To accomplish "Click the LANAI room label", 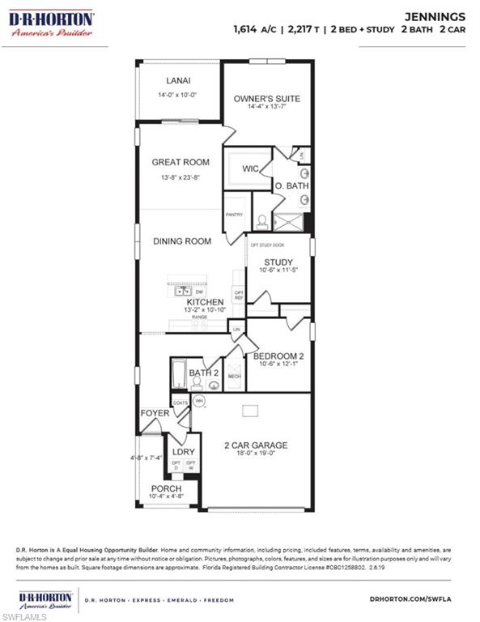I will click(x=178, y=81).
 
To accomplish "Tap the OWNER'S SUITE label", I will click(x=266, y=99).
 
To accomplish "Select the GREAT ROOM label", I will click(x=181, y=162).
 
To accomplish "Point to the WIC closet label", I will click(x=249, y=170).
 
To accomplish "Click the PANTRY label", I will click(x=234, y=215).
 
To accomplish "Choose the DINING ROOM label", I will click(x=182, y=241).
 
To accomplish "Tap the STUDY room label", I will click(x=279, y=262).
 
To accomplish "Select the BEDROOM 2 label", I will click(x=278, y=356).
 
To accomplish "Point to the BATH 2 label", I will click(x=201, y=373).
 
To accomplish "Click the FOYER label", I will click(x=155, y=413).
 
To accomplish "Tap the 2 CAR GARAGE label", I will click(x=256, y=445).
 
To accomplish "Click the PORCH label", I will click(x=167, y=489).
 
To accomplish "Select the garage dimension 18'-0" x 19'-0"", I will click(x=256, y=455).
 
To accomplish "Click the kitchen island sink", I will click(x=185, y=290).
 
